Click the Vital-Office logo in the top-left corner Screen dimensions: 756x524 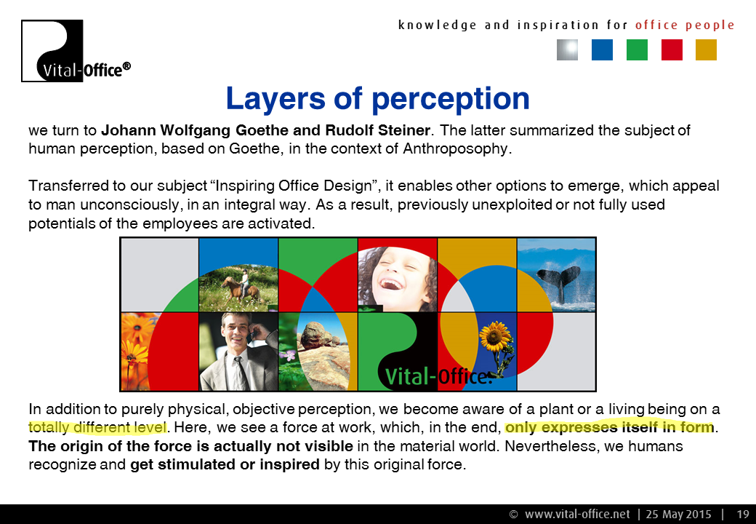pos(76,51)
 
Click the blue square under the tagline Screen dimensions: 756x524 pos(602,49)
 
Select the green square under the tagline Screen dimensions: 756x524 pos(637,49)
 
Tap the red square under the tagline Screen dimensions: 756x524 pos(672,49)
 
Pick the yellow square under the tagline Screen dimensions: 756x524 pos(706,49)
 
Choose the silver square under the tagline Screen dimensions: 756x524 pos(568,49)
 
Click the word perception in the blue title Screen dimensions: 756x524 pos(450,100)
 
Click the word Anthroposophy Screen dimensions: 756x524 pos(455,148)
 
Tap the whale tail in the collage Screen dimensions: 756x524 pos(559,282)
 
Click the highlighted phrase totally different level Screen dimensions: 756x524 pos(97,427)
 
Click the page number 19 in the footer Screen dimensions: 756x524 pos(742,515)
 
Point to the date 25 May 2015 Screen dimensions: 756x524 pos(678,515)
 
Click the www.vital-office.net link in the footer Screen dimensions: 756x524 pos(577,515)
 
